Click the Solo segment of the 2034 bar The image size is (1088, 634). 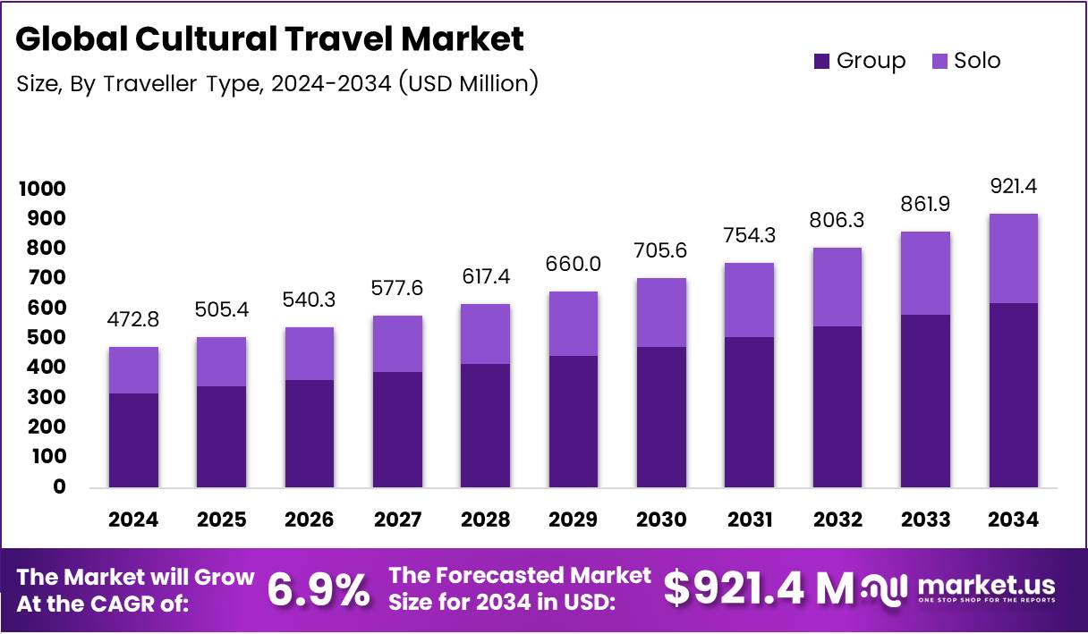[1013, 258]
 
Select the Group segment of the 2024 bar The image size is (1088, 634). [134, 440]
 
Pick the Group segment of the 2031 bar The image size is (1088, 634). [748, 411]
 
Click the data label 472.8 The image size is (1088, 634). [134, 319]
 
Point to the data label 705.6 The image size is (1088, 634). [660, 250]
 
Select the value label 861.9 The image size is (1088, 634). [925, 204]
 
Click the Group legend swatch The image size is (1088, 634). [821, 61]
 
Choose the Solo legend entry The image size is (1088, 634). [965, 61]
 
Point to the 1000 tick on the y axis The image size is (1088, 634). [41, 189]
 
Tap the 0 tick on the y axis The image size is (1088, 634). [59, 487]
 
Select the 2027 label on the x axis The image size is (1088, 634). [397, 520]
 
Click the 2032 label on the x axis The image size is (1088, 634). [836, 520]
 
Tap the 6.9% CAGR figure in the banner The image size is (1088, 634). [319, 589]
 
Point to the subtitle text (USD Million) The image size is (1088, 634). [468, 84]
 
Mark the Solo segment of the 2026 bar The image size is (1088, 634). [310, 354]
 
